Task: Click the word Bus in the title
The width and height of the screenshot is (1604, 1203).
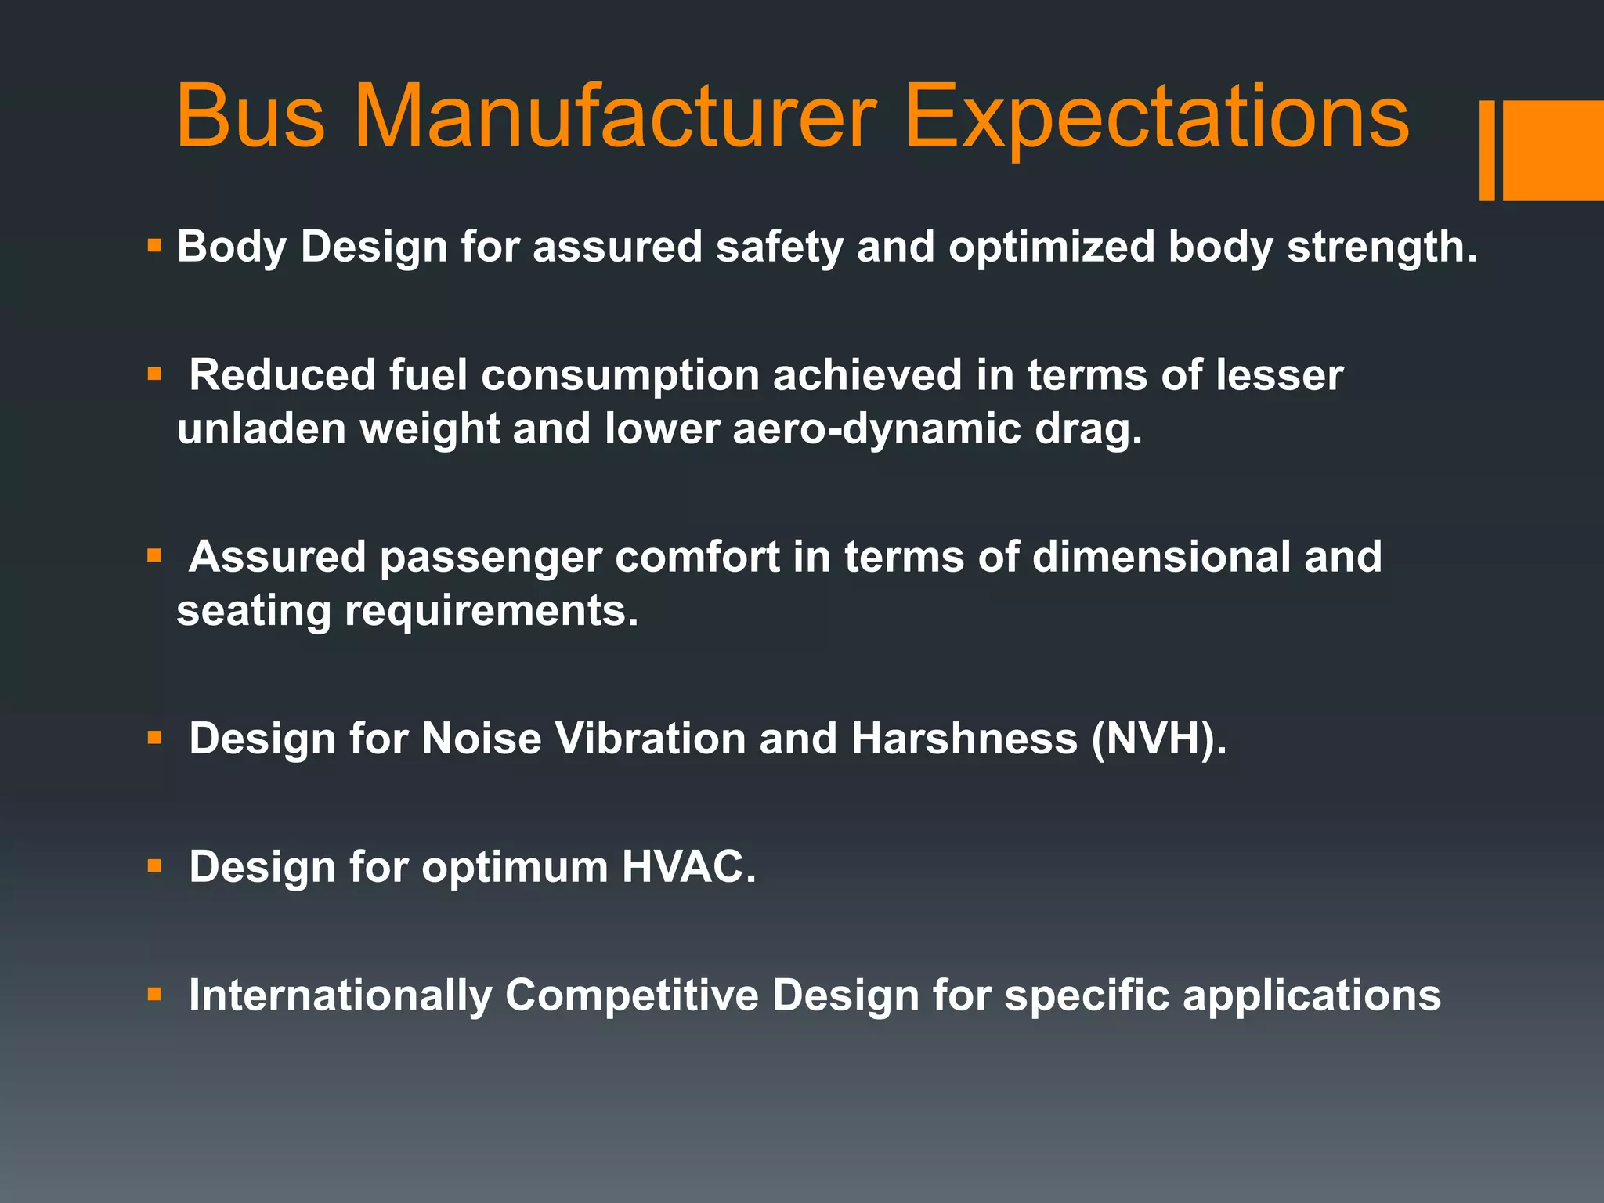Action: pos(249,117)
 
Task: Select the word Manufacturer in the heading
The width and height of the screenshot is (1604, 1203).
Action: pos(615,117)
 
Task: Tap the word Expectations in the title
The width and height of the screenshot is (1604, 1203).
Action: pos(1156,117)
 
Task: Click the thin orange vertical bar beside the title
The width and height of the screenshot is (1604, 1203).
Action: pos(1487,150)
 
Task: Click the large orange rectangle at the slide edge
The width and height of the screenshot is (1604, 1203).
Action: pos(1553,150)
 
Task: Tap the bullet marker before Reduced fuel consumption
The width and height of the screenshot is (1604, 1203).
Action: pos(154,374)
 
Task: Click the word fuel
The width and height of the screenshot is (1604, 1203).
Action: pos(428,375)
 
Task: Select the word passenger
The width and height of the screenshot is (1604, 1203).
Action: pos(490,558)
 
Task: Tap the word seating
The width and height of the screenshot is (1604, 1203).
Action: pos(254,611)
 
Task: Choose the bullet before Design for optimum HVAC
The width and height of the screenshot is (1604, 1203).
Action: pos(154,866)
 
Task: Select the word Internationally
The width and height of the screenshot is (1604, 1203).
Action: pos(340,995)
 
